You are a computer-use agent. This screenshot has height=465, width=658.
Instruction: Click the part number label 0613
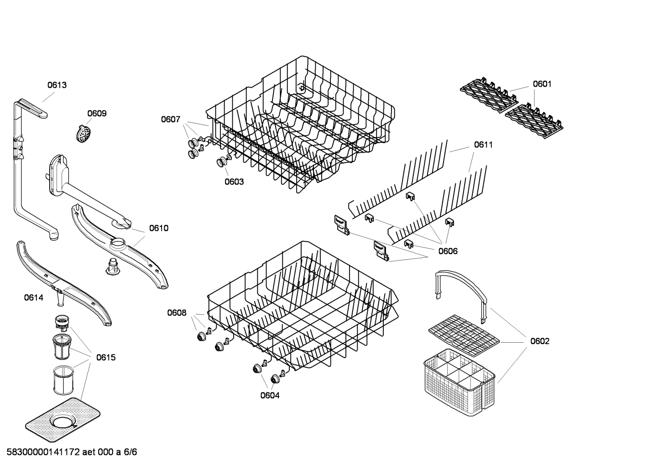point(57,85)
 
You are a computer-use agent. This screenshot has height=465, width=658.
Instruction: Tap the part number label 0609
point(97,114)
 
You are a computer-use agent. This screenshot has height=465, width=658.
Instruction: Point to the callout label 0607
point(170,120)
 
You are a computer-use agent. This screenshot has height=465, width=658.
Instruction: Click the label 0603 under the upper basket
point(234,182)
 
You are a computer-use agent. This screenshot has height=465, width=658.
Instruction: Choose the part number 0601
point(542,84)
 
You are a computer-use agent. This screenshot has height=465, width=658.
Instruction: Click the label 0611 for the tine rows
point(483,145)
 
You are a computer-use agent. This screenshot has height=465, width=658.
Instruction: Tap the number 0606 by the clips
point(448,251)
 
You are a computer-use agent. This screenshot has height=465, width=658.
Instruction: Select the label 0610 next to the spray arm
point(158,228)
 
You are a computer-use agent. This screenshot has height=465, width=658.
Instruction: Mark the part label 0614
point(34,298)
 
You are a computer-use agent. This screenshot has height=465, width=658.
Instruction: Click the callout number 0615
point(105,357)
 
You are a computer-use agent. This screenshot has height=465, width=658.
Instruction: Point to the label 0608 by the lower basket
point(177,313)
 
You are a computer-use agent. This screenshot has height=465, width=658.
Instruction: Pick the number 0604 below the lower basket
point(270,395)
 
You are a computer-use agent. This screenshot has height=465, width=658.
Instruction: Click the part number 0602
point(540,341)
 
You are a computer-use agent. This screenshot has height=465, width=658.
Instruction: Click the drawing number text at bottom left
point(69,452)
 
